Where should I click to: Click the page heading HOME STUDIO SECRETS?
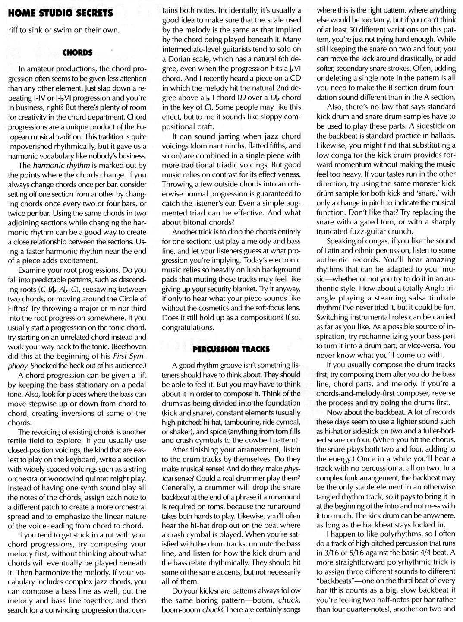click(60, 14)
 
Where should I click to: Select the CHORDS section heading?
click(78, 53)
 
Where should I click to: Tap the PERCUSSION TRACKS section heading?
click(231, 349)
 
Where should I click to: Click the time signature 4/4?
click(425, 553)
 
